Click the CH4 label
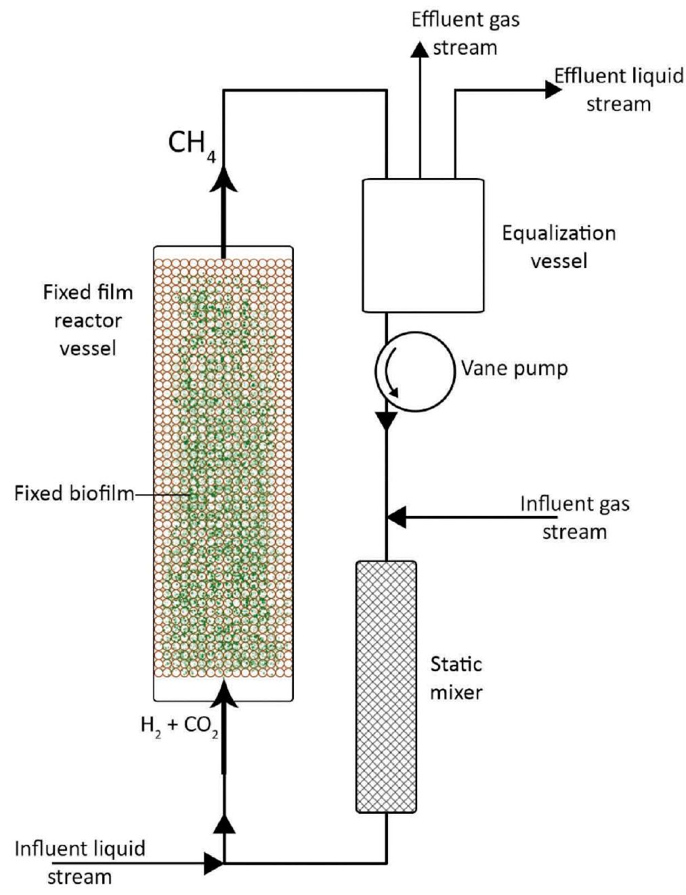(192, 144)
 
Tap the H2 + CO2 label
(179, 726)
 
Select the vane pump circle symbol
(414, 371)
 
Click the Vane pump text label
(514, 369)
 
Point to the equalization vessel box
(423, 245)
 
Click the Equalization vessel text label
(559, 247)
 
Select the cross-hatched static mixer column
(386, 686)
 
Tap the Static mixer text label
(456, 678)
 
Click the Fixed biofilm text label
(74, 494)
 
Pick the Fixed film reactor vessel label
(87, 320)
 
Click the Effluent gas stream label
(465, 33)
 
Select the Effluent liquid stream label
(618, 89)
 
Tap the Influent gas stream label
(574, 518)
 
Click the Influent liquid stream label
(79, 863)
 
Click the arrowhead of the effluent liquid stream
(553, 89)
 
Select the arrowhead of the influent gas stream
(396, 517)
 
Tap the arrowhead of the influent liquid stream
(214, 863)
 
